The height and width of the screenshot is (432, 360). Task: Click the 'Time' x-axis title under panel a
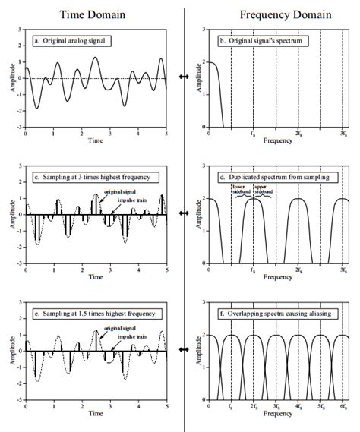coord(96,141)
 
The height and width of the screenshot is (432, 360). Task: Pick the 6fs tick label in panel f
coord(344,408)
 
